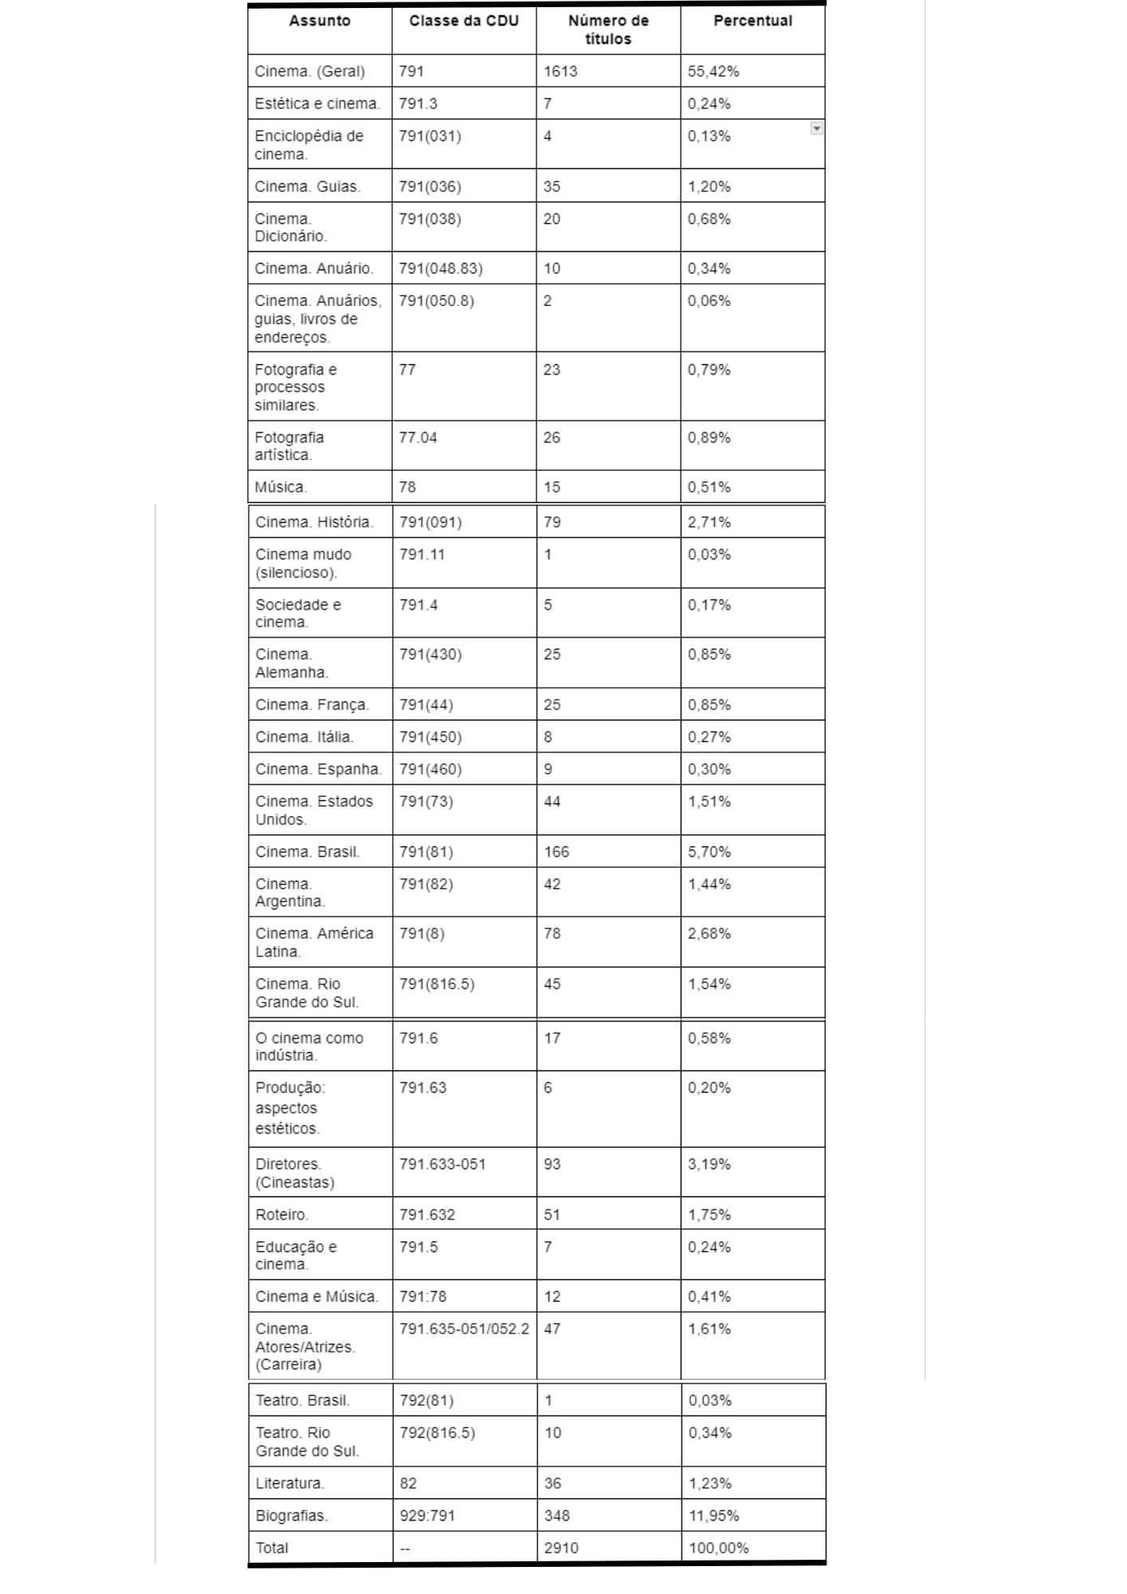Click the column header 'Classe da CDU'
[x=463, y=21]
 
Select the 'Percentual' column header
[x=752, y=21]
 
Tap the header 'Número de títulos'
[x=608, y=29]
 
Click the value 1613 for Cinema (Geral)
[x=560, y=72]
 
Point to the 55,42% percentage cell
[x=713, y=72]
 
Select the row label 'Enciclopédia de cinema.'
[x=308, y=145]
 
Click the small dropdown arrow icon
[x=816, y=128]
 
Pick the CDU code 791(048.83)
[x=441, y=269]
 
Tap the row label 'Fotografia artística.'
[x=289, y=446]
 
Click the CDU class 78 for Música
[x=407, y=487]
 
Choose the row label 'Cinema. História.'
[x=314, y=522]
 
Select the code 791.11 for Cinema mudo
[x=422, y=555]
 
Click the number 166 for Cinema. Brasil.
[x=556, y=852]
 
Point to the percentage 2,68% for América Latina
[x=709, y=933]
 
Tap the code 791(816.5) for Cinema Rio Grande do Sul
[x=437, y=984]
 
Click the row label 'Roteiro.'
[x=281, y=1215]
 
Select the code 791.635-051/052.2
[x=464, y=1329]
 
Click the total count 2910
[x=560, y=1548]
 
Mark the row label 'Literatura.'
[x=289, y=1483]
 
